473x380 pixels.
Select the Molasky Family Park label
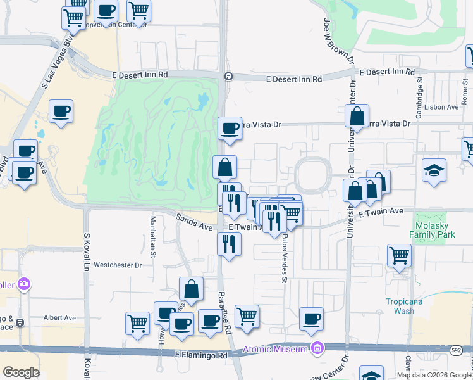point(434,229)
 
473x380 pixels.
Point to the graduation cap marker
point(434,171)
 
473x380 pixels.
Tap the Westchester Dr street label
point(118,265)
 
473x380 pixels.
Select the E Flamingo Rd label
point(201,356)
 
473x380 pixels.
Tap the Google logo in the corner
point(21,372)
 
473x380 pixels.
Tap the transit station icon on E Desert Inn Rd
point(228,77)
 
